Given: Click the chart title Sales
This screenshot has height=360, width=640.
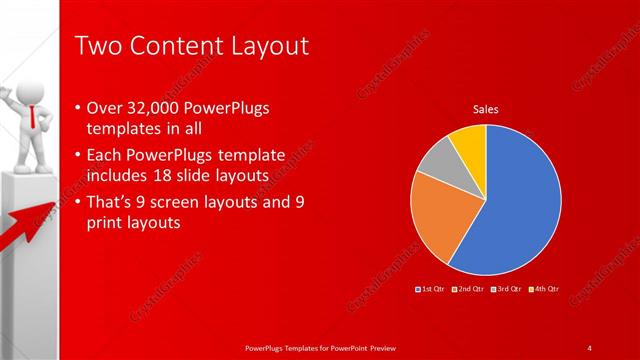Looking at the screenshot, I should (485, 109).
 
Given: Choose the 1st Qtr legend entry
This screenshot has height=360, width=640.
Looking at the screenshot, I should (430, 289).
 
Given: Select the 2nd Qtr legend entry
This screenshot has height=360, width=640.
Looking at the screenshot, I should (468, 289).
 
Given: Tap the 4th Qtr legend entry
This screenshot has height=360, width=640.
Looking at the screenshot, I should (543, 289).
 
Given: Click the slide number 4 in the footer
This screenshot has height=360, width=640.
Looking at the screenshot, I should (590, 347).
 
